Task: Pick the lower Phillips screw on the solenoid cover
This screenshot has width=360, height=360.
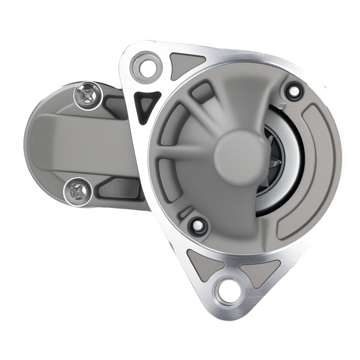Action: coord(78,189)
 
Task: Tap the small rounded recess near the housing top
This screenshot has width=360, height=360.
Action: coord(202,92)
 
